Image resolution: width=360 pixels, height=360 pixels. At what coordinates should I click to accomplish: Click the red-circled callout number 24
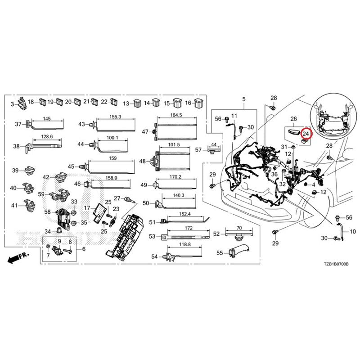pos(306,134)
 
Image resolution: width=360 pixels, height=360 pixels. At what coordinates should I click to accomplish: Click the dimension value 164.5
pos(176,115)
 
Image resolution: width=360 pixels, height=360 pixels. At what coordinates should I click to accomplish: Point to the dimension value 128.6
pos(47,137)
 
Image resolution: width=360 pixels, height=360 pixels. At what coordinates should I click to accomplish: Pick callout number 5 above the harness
pos(244,99)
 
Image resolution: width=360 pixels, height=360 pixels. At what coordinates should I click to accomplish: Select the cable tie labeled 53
pos(185,237)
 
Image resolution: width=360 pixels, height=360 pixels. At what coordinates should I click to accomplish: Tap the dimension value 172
pos(189,228)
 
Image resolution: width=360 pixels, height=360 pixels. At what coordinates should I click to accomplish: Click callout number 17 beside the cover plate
pos(87,208)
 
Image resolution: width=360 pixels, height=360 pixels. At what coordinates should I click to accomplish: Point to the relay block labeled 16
pos(198,103)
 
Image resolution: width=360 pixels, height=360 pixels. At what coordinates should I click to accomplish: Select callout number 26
pos(294,119)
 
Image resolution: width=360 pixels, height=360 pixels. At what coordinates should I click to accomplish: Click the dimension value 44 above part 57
pos(214,144)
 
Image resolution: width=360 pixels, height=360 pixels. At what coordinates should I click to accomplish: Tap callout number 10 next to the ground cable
pos(353,231)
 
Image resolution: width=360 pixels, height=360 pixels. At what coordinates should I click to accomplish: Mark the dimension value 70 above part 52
pos(239,228)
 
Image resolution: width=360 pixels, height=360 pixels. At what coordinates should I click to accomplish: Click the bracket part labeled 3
pos(22,103)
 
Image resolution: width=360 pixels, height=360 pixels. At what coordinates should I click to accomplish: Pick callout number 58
pos(48,211)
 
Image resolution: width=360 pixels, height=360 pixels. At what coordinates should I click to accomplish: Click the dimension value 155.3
pos(115,117)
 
